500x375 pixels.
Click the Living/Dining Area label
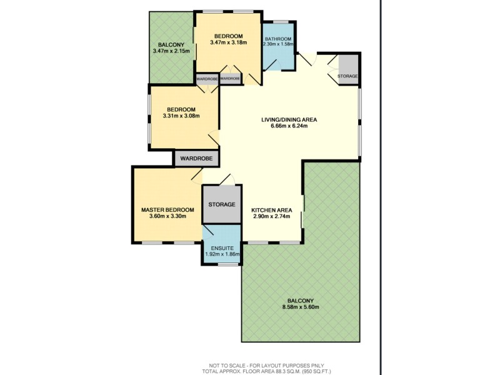(289, 119)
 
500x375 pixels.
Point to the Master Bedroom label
(165, 209)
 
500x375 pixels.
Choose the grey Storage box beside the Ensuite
(221, 204)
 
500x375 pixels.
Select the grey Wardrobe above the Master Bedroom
(196, 159)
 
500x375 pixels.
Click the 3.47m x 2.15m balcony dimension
(171, 51)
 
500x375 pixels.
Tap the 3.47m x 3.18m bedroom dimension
(227, 42)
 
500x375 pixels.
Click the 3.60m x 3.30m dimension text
(165, 216)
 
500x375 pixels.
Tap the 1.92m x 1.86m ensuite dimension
(221, 255)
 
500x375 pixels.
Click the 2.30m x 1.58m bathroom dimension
(277, 44)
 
